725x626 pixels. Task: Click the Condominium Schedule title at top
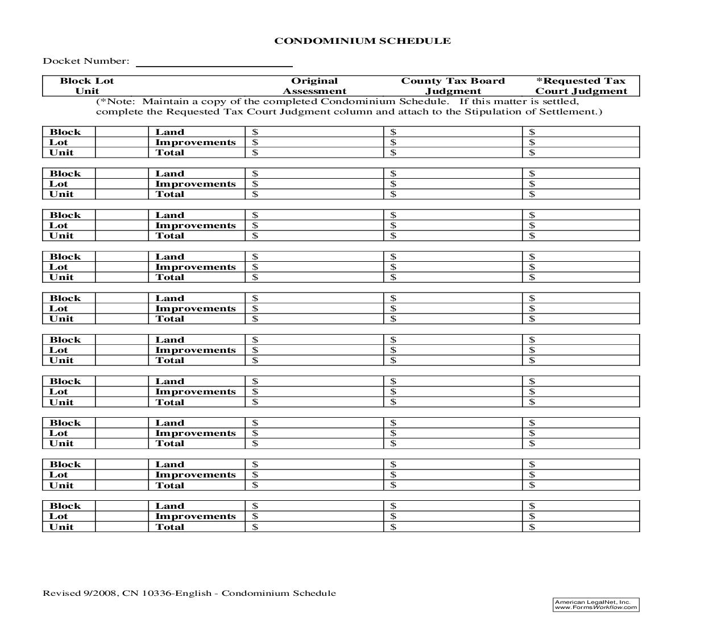point(362,41)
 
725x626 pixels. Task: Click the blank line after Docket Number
point(214,61)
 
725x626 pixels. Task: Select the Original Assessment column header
point(314,86)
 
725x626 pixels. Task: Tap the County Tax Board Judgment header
point(453,86)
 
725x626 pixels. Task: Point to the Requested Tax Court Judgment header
point(581,86)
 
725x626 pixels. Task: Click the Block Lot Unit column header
point(87,86)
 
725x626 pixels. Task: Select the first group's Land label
point(170,132)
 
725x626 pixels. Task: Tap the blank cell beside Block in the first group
point(122,132)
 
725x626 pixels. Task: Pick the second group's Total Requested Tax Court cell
point(581,194)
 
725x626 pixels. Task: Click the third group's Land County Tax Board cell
point(453,215)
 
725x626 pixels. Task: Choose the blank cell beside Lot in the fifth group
point(122,308)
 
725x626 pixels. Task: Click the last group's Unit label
point(61,527)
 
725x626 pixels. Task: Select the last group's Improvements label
point(196,516)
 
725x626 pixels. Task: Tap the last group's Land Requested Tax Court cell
point(581,506)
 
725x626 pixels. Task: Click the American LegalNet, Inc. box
point(595,604)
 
